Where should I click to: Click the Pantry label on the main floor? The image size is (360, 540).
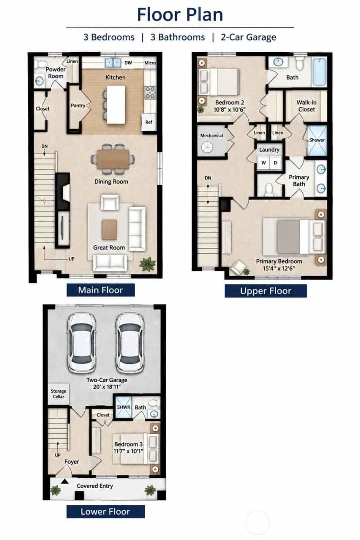78,106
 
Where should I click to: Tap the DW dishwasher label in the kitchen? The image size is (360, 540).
128,63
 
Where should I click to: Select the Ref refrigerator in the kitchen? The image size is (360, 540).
149,122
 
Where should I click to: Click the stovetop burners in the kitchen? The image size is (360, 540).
150,93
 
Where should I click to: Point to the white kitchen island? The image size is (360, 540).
116,105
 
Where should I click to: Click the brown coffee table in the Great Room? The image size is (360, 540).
109,230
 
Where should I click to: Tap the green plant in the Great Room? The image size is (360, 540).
147,264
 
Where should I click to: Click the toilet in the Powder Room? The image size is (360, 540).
41,64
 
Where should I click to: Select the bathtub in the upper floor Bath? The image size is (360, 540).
320,72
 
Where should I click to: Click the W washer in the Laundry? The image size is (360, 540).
263,163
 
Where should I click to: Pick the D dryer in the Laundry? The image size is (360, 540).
275,163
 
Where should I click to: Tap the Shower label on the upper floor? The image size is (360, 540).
317,140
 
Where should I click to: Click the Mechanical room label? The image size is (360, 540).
211,136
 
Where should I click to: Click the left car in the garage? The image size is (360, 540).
81,343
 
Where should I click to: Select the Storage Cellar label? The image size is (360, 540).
58,393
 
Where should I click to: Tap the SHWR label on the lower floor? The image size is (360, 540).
123,407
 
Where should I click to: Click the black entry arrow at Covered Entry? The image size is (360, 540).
64,482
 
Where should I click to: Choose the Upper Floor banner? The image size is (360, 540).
266,291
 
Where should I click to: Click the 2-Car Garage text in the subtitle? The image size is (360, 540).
248,37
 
